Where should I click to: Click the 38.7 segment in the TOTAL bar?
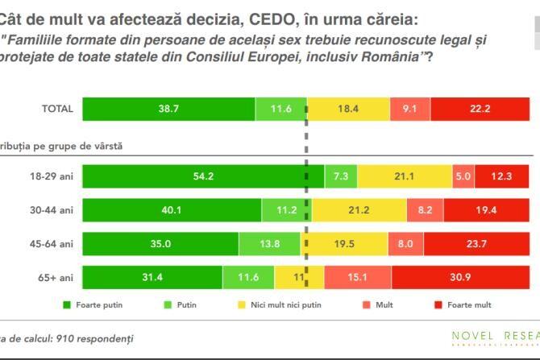pyautogui.click(x=168, y=109)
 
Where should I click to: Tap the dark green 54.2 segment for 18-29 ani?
pyautogui.click(x=203, y=176)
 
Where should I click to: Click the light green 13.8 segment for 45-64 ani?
pyautogui.click(x=269, y=243)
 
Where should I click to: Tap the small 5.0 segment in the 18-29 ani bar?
pyautogui.click(x=463, y=176)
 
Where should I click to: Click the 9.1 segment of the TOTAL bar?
pyautogui.click(x=409, y=109)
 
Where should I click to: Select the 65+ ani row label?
pyautogui.click(x=59, y=277)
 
